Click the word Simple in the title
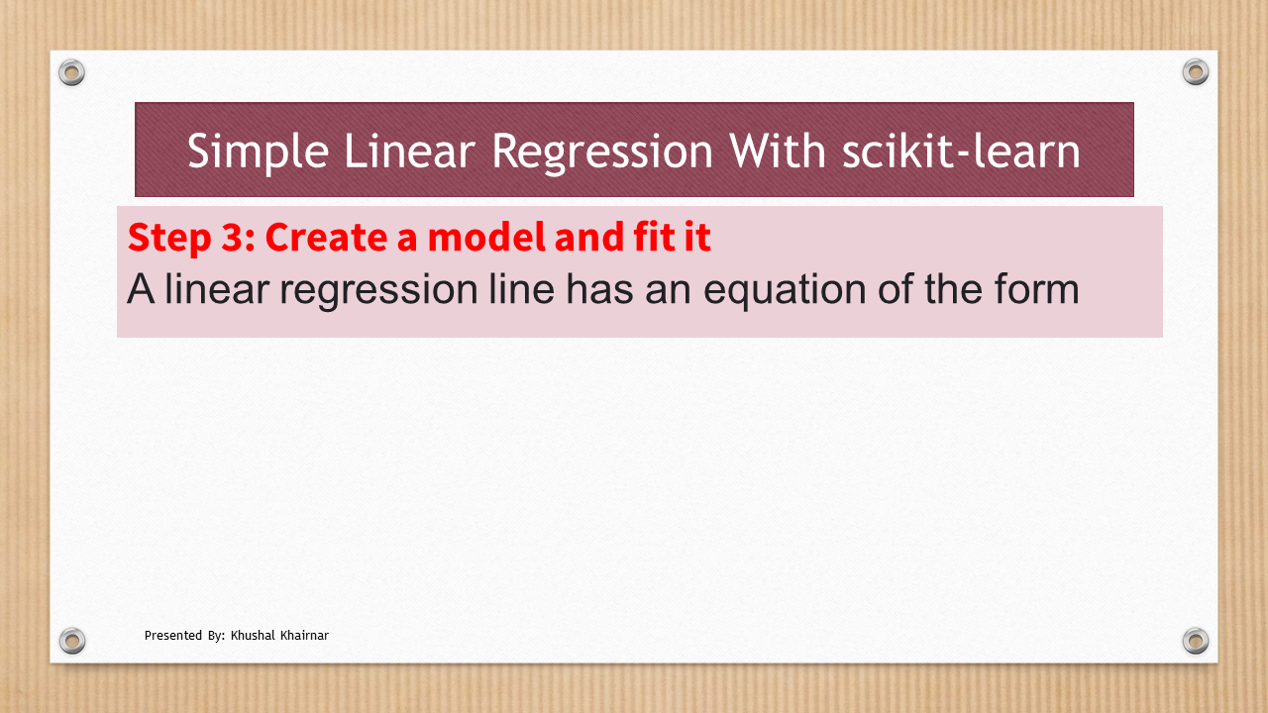point(259,152)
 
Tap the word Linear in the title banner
point(409,151)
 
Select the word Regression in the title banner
point(602,152)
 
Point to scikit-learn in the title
point(961,151)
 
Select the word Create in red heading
point(326,237)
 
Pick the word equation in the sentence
point(785,291)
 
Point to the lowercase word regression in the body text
point(378,291)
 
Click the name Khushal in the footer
point(253,636)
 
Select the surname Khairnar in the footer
point(304,636)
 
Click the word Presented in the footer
point(173,636)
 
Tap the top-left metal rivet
point(72,72)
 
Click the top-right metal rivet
point(1196,72)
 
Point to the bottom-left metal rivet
point(72,641)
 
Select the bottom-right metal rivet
point(1196,641)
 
